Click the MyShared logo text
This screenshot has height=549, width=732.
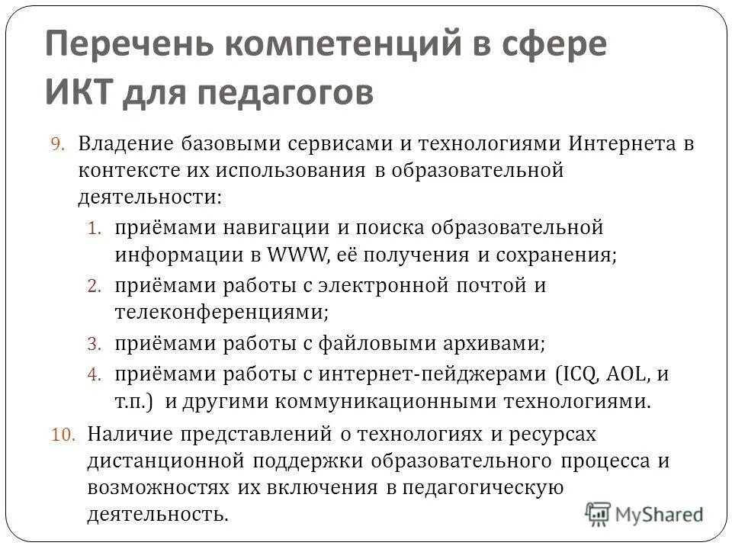point(660,514)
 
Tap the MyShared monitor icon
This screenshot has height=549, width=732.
point(598,513)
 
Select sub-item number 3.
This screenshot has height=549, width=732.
point(95,344)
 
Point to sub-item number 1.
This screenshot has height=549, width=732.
point(95,228)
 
